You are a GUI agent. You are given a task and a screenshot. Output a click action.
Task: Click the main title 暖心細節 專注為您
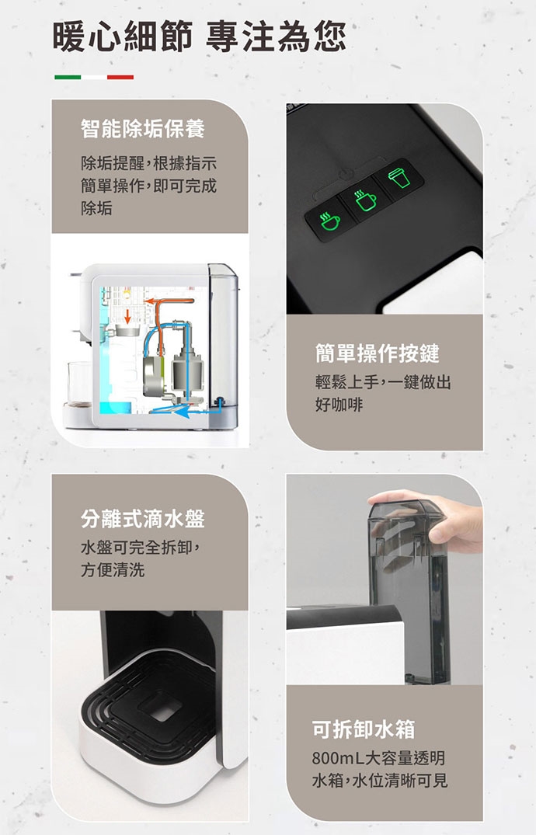click(200, 37)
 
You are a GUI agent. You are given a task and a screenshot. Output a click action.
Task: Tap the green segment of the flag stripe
click(68, 77)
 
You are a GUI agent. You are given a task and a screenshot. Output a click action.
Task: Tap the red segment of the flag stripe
click(120, 77)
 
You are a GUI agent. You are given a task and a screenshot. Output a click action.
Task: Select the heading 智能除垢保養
click(142, 129)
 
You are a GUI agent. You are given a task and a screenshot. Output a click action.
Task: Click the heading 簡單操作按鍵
click(378, 353)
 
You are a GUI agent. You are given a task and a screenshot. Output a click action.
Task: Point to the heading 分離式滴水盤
click(142, 519)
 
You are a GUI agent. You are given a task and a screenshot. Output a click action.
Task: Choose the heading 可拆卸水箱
click(364, 729)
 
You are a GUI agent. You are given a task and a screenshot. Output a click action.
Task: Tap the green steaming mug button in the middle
click(366, 200)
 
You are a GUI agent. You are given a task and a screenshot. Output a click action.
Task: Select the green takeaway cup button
click(399, 177)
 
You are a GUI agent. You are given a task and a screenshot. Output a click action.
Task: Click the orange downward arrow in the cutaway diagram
click(127, 315)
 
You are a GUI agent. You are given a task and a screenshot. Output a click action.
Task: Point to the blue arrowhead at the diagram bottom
click(183, 412)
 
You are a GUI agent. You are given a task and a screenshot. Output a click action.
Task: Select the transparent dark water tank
click(407, 591)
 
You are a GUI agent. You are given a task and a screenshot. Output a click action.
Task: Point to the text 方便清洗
click(113, 570)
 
